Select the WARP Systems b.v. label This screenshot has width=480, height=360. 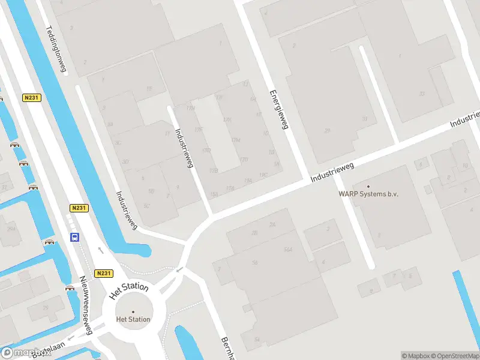[x=368, y=194]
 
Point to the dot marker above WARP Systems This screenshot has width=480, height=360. [x=368, y=186]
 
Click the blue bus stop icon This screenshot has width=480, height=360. [x=74, y=237]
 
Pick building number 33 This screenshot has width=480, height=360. [x=422, y=93]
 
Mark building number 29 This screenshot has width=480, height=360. [x=327, y=130]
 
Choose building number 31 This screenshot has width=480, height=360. [x=364, y=118]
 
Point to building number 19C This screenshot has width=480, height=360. [x=263, y=175]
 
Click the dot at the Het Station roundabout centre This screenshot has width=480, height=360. [x=133, y=311]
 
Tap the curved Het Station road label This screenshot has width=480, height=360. [x=129, y=291]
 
